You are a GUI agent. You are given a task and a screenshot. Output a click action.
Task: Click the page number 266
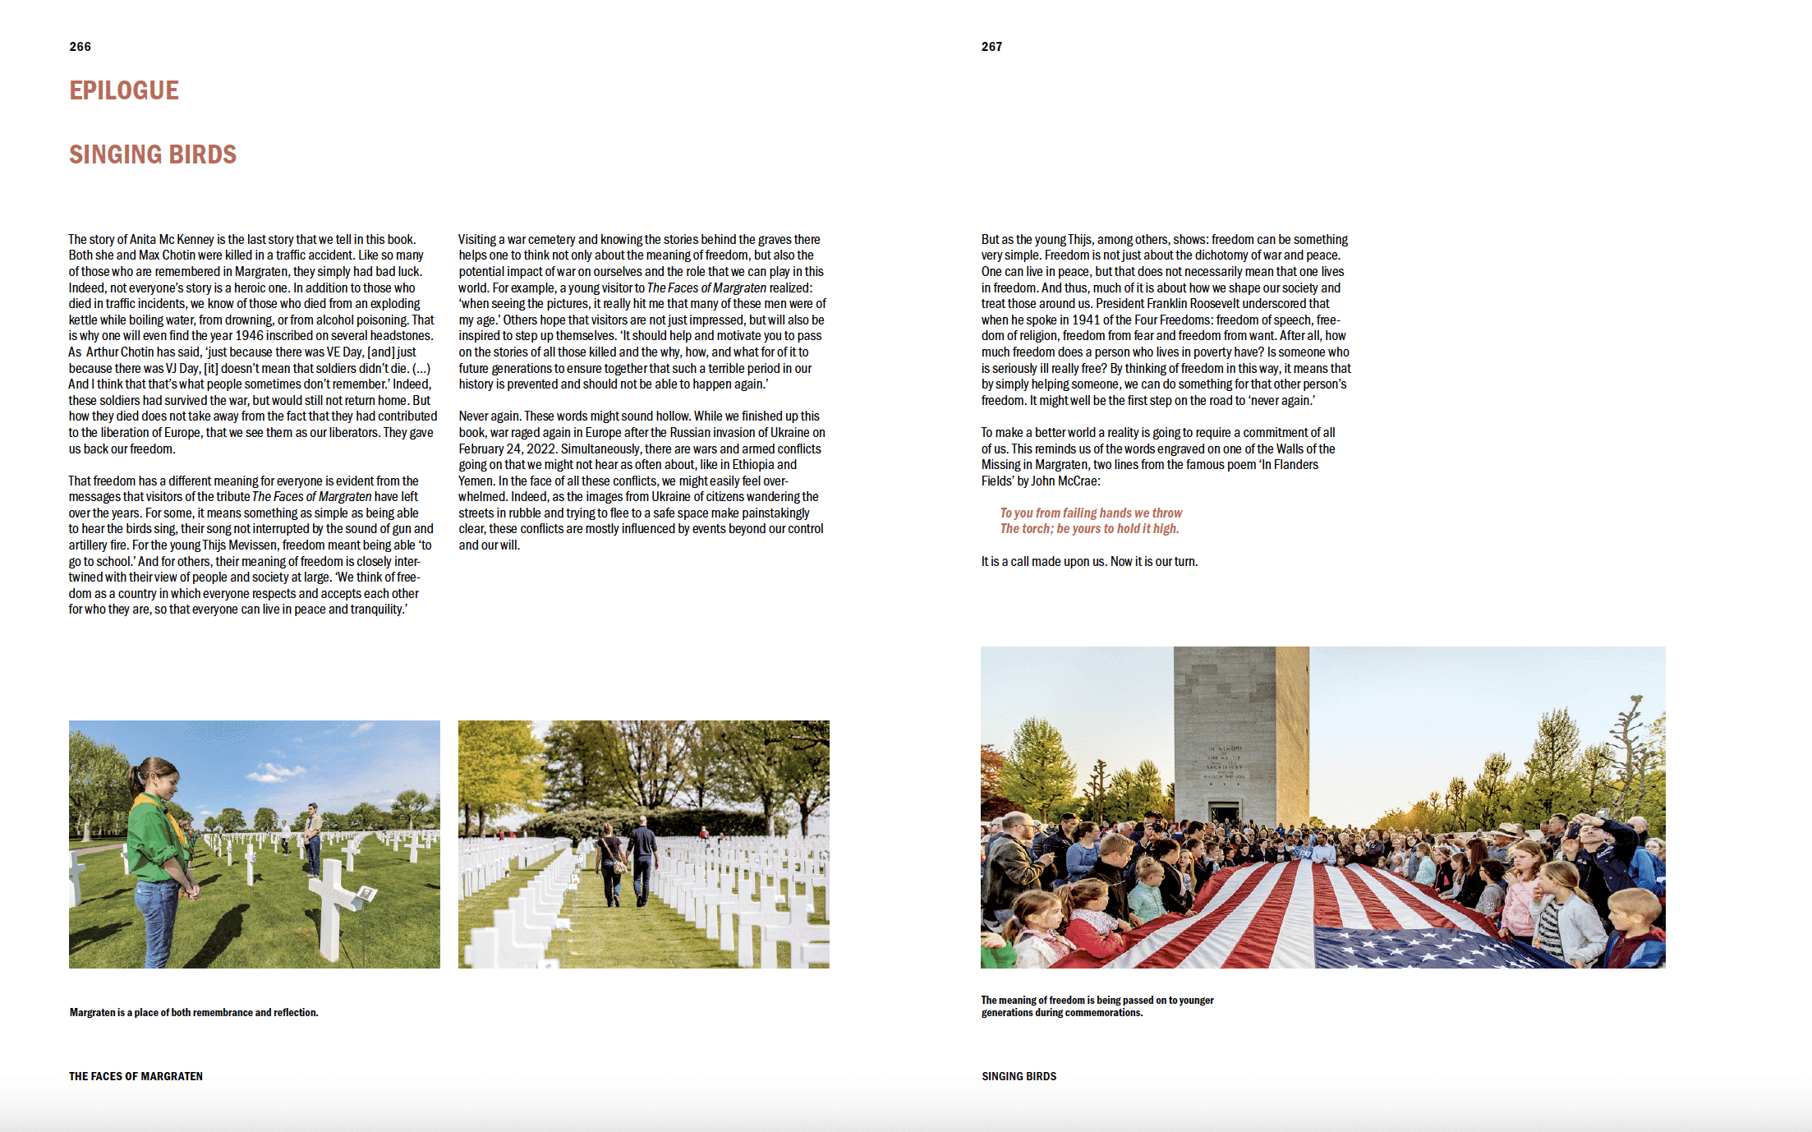pyautogui.click(x=80, y=47)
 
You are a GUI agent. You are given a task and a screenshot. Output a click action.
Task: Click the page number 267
pyautogui.click(x=991, y=47)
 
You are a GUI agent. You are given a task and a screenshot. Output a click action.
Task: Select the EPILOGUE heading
pyautogui.click(x=124, y=90)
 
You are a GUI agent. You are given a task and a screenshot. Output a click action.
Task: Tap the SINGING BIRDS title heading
pyautogui.click(x=153, y=154)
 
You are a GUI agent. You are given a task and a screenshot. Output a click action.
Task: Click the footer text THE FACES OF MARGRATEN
pyautogui.click(x=136, y=1076)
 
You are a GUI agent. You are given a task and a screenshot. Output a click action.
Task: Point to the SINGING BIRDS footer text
pyautogui.click(x=1019, y=1076)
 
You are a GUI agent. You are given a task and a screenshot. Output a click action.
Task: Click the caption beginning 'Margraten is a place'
pyautogui.click(x=194, y=1013)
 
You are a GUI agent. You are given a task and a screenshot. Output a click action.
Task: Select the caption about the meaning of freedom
pyautogui.click(x=1097, y=1006)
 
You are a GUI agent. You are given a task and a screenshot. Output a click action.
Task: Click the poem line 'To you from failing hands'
pyautogui.click(x=1091, y=513)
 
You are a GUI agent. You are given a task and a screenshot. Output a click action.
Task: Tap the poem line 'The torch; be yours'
pyautogui.click(x=1089, y=529)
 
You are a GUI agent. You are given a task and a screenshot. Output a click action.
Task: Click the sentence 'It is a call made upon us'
pyautogui.click(x=1089, y=562)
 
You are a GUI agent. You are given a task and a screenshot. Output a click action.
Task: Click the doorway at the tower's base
pyautogui.click(x=1224, y=814)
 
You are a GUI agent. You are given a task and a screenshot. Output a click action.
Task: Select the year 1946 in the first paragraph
pyautogui.click(x=253, y=336)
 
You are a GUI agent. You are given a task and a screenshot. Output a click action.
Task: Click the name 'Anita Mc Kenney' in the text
pyautogui.click(x=172, y=240)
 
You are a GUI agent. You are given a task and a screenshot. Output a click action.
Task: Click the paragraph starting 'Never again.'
pyautogui.click(x=642, y=481)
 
